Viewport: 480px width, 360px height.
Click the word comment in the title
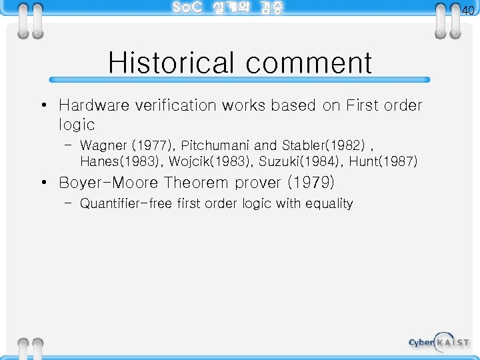pos(309,63)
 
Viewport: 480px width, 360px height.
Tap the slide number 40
pos(468,10)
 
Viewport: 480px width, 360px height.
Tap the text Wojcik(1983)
pos(210,161)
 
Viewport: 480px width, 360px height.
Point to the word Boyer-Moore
pos(109,182)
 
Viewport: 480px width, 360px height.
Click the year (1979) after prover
pos(310,182)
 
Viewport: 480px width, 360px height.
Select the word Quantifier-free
pos(126,203)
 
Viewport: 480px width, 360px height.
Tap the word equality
pos(329,203)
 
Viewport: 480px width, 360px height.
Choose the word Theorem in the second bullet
pos(196,182)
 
